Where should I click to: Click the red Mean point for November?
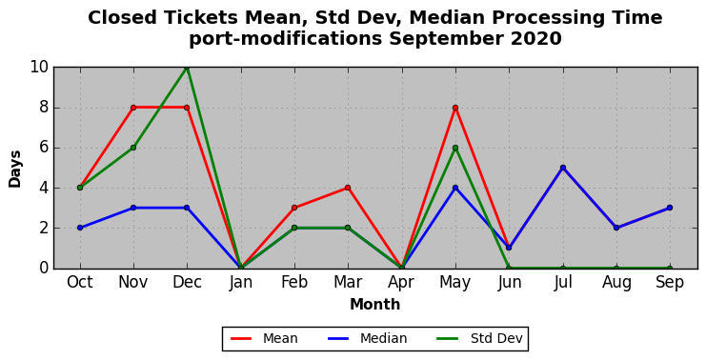133,108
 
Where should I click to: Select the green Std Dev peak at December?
187,68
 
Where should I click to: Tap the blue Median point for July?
563,168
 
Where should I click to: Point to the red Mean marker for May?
455,108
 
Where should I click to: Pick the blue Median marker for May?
455,188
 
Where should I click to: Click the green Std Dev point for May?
455,148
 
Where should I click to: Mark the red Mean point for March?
348,188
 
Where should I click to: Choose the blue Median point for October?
80,228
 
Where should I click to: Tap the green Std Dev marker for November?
133,148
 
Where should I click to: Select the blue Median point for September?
670,208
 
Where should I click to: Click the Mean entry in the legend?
264,338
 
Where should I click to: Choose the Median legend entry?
367,338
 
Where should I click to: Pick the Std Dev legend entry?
480,338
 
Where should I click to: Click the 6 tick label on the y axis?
44,148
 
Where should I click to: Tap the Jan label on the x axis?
241,283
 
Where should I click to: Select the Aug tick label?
616,283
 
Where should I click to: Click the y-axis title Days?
15,169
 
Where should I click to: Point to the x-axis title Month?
375,305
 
